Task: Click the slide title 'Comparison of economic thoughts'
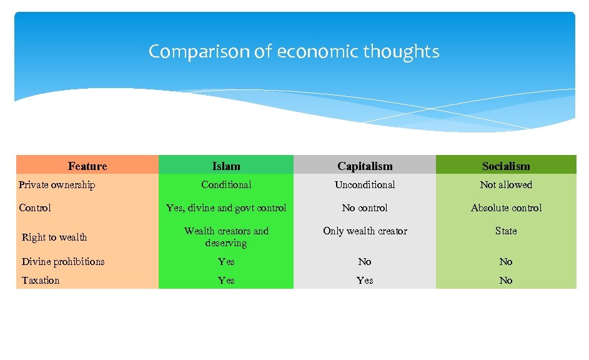click(294, 51)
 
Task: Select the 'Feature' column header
click(87, 166)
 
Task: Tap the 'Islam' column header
click(226, 166)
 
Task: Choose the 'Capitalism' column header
click(365, 166)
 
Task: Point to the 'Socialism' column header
click(506, 166)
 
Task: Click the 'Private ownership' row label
click(57, 184)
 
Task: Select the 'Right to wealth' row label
click(54, 237)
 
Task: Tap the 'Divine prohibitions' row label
click(63, 261)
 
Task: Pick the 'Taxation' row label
click(41, 280)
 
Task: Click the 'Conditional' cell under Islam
click(226, 184)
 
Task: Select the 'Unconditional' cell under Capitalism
click(365, 184)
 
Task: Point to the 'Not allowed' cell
click(506, 184)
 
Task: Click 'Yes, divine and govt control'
click(226, 207)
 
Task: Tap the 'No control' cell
click(365, 207)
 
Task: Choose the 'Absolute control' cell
click(506, 207)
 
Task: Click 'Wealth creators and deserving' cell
click(226, 237)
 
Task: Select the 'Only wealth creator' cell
click(365, 231)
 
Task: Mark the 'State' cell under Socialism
click(506, 231)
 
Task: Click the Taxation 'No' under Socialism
click(506, 280)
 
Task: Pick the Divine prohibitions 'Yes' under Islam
click(226, 261)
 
